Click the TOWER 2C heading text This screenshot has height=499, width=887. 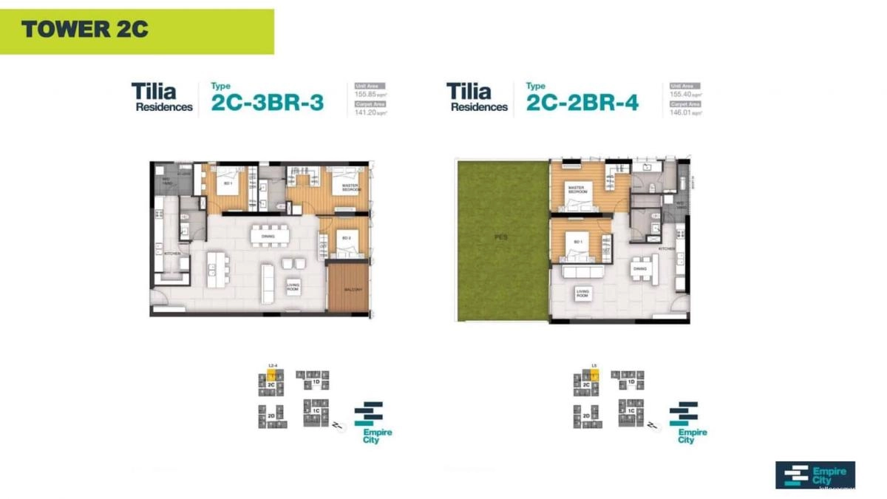[84, 30]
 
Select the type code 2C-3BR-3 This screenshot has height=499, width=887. [267, 103]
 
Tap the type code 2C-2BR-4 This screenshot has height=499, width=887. [582, 103]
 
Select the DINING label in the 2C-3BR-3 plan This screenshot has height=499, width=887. [268, 237]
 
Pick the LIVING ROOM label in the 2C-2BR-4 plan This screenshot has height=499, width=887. [583, 294]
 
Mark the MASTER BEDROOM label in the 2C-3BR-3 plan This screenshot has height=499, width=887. [350, 189]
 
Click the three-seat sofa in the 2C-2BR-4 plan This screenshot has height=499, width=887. [582, 271]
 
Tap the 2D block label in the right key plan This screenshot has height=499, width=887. [586, 416]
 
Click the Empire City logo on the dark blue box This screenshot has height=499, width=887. [815, 475]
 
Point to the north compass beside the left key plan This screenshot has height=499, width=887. [338, 427]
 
